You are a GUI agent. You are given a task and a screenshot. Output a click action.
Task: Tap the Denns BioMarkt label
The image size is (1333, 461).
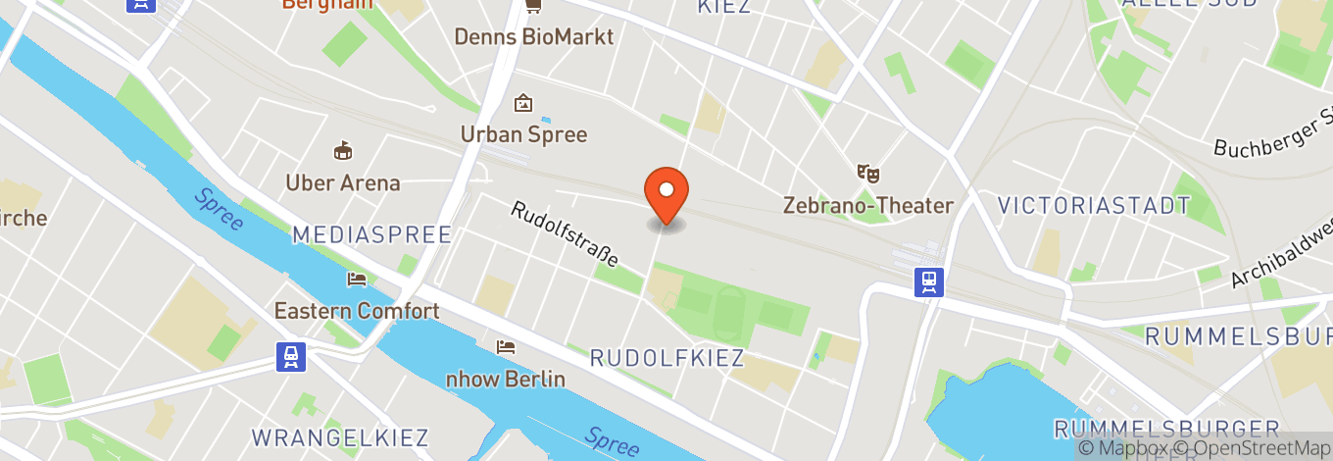(x=533, y=37)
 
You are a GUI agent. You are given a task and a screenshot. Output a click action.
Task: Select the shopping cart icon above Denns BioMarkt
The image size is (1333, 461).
(x=533, y=6)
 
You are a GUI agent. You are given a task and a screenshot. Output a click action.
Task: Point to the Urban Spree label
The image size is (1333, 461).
(x=524, y=134)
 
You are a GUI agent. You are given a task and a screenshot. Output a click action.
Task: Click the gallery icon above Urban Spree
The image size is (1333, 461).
(x=523, y=103)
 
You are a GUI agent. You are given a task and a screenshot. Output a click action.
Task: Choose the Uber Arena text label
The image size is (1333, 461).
(x=343, y=182)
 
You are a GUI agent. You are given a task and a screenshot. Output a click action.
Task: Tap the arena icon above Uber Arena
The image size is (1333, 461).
(x=343, y=151)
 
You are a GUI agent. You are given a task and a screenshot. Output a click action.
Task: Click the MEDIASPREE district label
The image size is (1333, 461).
(x=371, y=234)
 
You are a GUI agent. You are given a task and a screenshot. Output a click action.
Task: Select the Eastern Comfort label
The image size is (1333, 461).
(x=357, y=311)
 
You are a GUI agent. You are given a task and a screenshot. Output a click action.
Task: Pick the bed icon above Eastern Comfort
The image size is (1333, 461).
(x=357, y=280)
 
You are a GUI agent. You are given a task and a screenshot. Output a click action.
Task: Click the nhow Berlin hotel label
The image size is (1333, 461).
(x=506, y=379)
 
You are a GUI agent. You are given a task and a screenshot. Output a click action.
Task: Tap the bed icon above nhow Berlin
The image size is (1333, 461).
(x=506, y=347)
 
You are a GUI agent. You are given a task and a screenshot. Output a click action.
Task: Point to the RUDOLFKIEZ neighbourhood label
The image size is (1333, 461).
(x=667, y=358)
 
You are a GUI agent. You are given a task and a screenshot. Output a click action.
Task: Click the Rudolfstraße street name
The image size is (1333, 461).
(x=565, y=234)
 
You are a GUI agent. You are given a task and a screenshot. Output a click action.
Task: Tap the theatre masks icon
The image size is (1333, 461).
(x=868, y=174)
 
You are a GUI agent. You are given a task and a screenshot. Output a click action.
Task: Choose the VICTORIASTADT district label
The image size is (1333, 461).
(x=1094, y=206)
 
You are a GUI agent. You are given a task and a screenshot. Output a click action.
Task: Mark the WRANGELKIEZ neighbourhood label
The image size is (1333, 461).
(x=341, y=436)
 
